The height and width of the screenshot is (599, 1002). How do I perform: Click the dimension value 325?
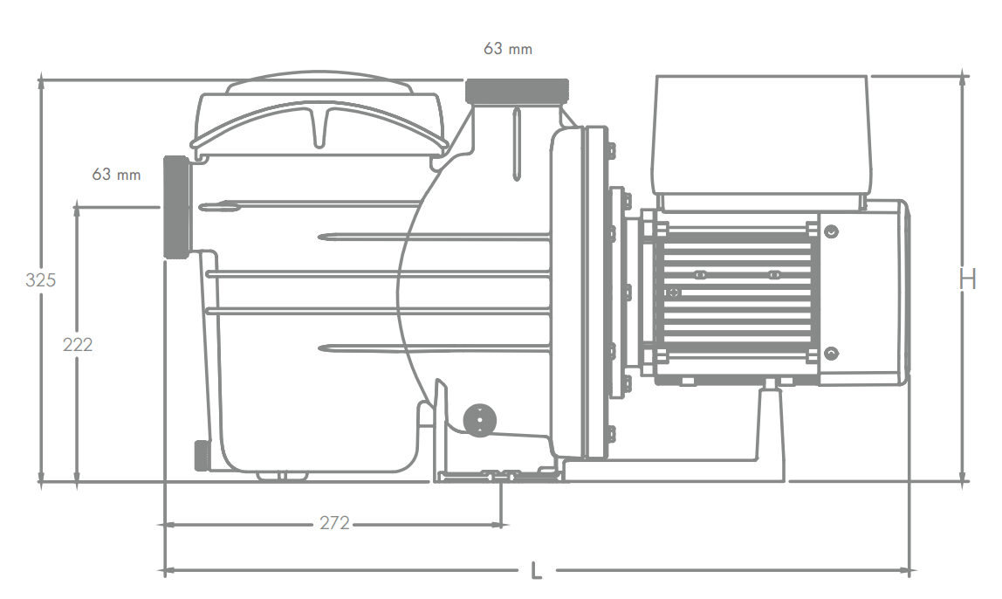[x=40, y=280]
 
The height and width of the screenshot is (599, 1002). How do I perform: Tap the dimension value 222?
[x=78, y=345]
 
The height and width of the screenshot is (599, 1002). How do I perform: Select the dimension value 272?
[x=335, y=524]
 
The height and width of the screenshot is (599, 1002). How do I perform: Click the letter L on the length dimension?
[x=537, y=571]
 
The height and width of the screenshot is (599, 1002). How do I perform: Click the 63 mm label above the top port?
[x=508, y=49]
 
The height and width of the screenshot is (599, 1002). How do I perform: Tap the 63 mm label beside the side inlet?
[x=116, y=174]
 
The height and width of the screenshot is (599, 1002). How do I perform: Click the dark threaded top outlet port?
[x=517, y=92]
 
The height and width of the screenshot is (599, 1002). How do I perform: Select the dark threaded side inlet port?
[x=176, y=206]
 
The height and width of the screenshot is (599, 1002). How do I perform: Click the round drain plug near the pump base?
[x=479, y=421]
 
